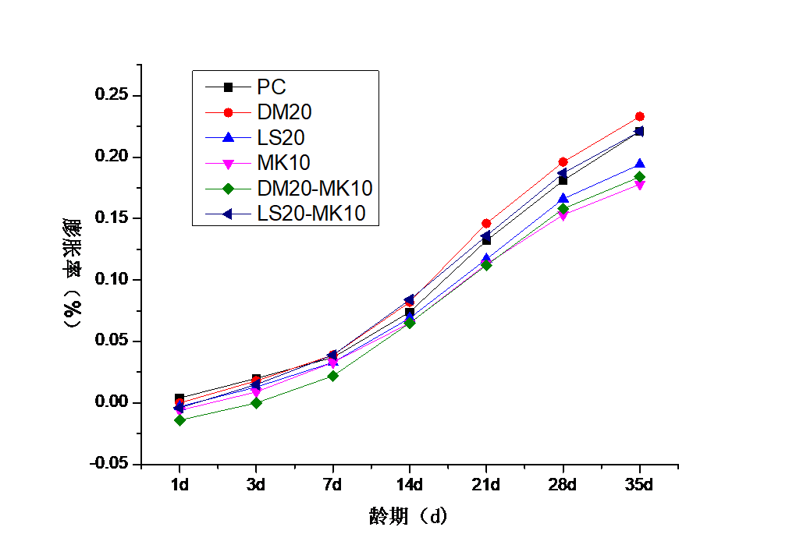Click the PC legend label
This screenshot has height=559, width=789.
tap(271, 87)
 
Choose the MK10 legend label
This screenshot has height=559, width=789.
tap(283, 163)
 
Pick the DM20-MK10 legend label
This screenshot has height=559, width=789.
tap(315, 189)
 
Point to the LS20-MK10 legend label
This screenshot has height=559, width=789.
tap(311, 214)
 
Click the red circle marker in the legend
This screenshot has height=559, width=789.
tap(228, 112)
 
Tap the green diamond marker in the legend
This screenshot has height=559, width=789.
tap(228, 189)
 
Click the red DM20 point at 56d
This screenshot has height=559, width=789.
tap(640, 116)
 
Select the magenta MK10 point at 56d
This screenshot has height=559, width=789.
tap(640, 186)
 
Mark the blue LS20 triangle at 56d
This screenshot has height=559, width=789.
tap(640, 164)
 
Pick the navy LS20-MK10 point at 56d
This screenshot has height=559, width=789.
tap(639, 131)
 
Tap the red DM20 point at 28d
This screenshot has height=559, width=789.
tap(563, 162)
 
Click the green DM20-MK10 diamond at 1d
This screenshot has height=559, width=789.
tap(179, 420)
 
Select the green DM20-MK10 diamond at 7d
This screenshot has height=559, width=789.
tap(333, 376)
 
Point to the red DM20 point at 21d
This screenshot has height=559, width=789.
tap(486, 224)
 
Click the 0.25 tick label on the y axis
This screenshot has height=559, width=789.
tap(111, 94)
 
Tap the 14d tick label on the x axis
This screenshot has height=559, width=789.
tap(410, 485)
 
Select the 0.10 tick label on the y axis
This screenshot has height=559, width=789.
tap(111, 278)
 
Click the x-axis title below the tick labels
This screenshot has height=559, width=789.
tap(408, 516)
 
